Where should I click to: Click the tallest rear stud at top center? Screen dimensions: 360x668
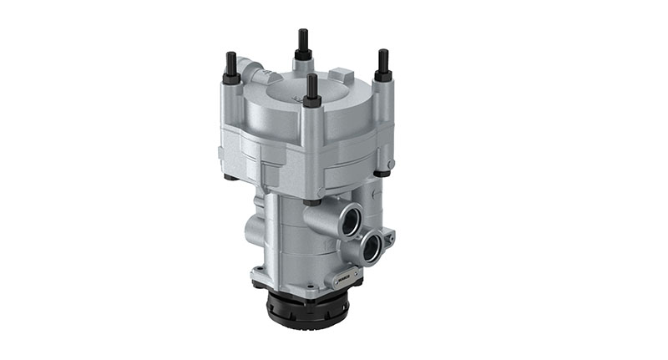click(302, 42)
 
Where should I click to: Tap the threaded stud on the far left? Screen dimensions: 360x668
click(230, 63)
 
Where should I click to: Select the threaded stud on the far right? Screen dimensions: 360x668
click(383, 61)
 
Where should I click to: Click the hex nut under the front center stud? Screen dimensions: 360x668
click(311, 102)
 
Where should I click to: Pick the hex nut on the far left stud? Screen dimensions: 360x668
click(231, 78)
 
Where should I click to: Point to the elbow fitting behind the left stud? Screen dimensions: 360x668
click(249, 67)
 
